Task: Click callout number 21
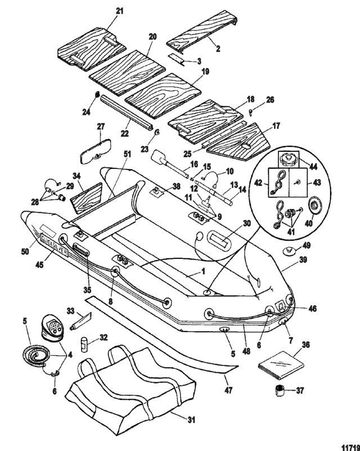[118, 12]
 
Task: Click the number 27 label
[101, 126]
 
